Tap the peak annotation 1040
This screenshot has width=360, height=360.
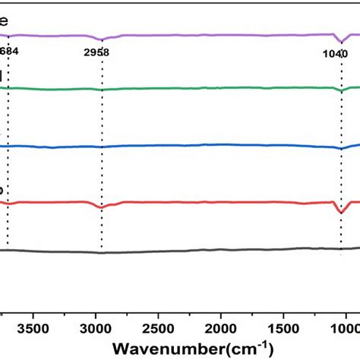click(333, 53)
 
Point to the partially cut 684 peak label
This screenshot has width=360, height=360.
click(10, 52)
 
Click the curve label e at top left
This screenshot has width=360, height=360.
click(4, 23)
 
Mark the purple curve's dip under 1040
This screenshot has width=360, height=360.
click(341, 41)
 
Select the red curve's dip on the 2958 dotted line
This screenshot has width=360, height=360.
click(101, 207)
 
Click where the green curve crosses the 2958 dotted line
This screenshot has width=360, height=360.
click(101, 90)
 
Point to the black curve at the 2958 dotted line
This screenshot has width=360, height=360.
click(101, 252)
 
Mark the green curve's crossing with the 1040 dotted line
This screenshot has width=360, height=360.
click(341, 90)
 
